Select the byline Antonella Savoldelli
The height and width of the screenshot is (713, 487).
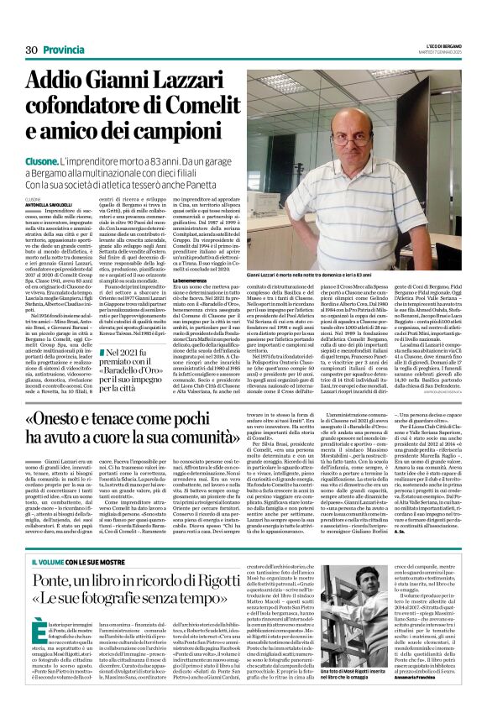[x=50, y=210]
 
